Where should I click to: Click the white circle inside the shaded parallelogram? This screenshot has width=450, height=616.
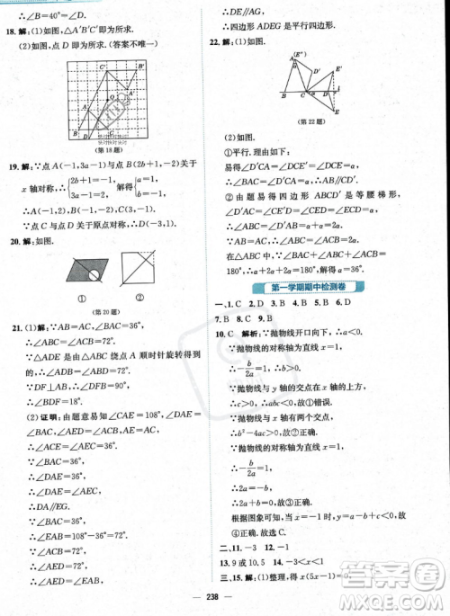pos(82,267)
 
